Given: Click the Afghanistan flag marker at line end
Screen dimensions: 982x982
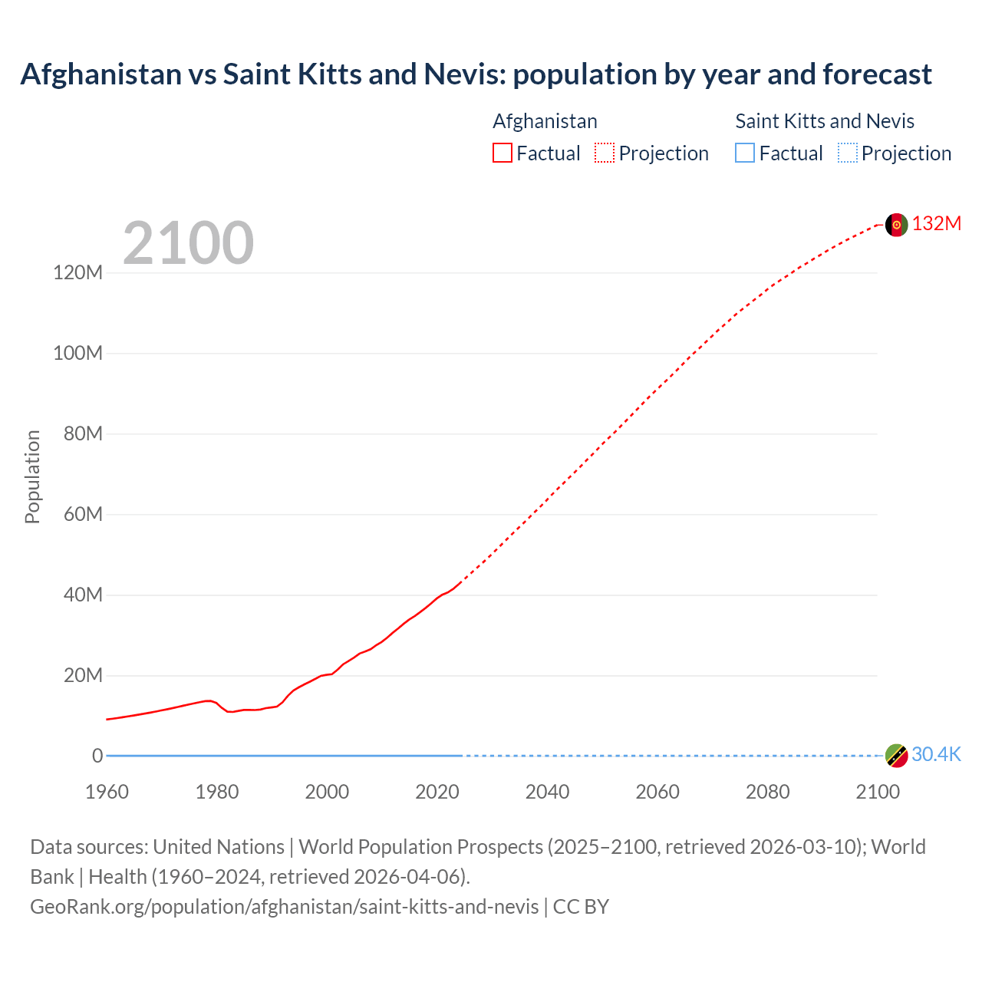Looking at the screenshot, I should coord(896,225).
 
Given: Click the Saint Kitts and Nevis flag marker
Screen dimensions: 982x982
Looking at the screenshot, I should coord(896,756).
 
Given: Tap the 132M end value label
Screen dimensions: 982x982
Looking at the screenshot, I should coord(936,223).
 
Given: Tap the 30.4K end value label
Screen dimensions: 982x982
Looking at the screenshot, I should coord(936,754).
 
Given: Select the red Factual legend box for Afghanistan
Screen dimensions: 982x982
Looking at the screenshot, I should coord(502,153).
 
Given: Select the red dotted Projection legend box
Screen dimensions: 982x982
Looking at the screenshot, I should coord(605,153).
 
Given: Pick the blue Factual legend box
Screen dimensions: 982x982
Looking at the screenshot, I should coord(745,153).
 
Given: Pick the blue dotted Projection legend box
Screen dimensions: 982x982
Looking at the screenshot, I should coord(848,153).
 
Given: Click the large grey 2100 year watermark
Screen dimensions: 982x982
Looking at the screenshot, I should coord(188,243).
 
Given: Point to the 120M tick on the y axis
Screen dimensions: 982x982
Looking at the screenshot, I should coord(77,272).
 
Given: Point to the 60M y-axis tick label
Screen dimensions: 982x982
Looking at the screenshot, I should coord(83,514).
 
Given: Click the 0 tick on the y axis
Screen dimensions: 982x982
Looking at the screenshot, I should coord(97,756).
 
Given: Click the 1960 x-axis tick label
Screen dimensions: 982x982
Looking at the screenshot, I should coord(107,792).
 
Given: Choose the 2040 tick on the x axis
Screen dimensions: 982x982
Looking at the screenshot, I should coord(547,792).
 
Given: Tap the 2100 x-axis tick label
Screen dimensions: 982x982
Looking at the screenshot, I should coord(878,792).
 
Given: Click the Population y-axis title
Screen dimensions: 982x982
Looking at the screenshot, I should coord(32,476).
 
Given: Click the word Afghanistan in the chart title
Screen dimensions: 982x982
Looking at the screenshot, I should coord(101,74).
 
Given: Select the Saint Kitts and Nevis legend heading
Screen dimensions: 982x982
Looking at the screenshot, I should coord(825,121).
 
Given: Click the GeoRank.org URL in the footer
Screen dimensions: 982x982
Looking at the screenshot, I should coord(285,907).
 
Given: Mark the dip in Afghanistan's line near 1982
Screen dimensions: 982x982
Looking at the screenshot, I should coord(229,712).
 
